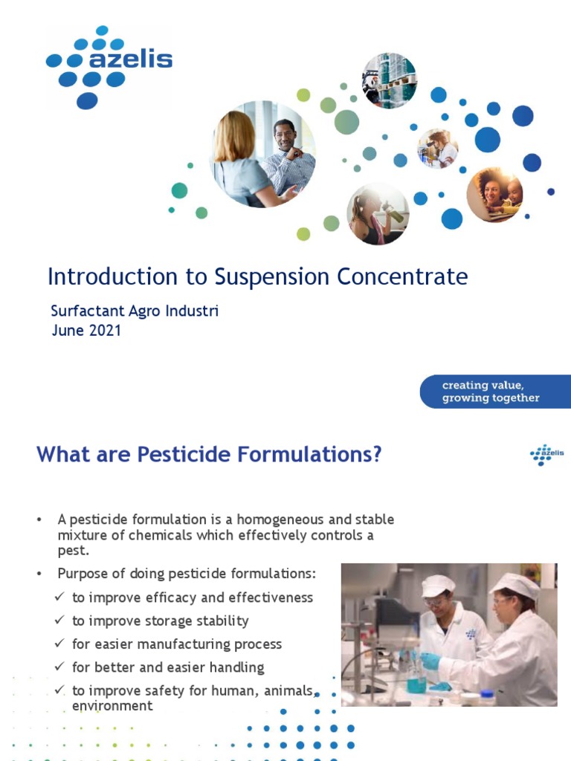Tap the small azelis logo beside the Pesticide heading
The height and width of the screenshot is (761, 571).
(546, 454)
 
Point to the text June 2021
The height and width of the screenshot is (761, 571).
(86, 331)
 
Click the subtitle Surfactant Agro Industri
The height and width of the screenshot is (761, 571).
(135, 311)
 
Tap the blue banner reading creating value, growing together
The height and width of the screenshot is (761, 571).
(494, 392)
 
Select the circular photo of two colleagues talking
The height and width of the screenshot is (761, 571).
(264, 154)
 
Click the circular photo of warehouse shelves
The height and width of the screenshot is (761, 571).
(389, 80)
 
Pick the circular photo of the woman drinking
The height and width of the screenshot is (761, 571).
(378, 214)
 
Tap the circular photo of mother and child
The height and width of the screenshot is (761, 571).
(494, 194)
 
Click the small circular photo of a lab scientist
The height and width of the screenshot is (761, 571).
(438, 148)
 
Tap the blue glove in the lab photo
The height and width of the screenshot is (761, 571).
(430, 660)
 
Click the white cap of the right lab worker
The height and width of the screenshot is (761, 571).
(514, 585)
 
